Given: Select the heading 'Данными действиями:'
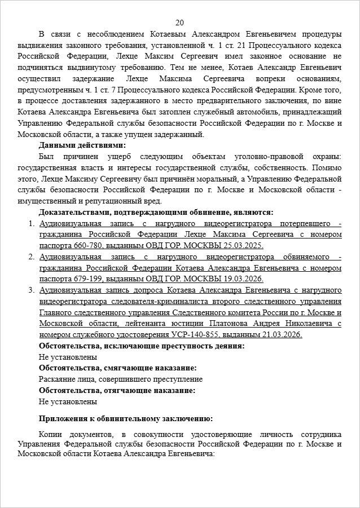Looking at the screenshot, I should (x=82, y=145).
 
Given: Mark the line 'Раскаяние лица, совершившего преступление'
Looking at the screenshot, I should (x=120, y=379).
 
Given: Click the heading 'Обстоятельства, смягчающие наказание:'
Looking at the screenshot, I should (x=118, y=368).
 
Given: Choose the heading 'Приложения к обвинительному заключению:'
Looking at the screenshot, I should (x=126, y=418).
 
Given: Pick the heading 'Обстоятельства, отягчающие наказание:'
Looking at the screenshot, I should (x=117, y=391).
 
